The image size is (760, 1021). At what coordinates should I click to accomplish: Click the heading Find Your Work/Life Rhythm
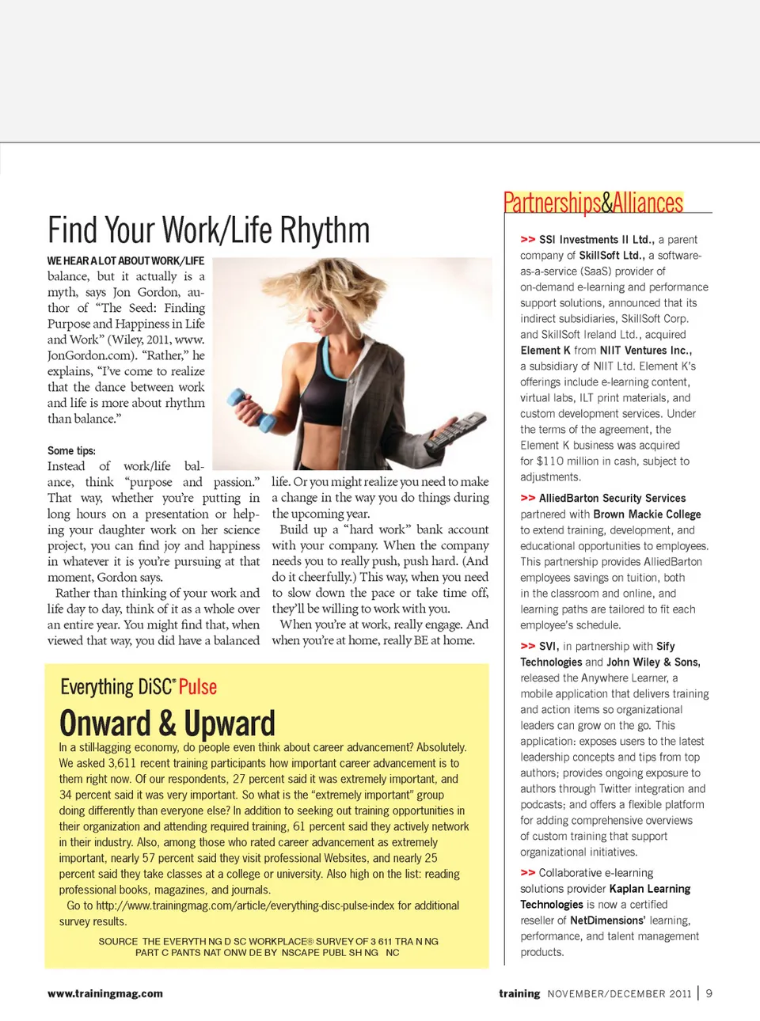point(208,230)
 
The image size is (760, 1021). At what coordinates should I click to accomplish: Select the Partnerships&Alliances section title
point(593,203)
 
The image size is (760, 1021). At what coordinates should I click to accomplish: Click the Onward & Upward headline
point(167,723)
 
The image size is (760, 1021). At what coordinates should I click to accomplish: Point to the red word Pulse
point(198,687)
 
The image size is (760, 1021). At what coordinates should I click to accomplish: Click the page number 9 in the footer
point(709,993)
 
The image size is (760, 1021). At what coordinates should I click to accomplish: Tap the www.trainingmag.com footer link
point(105,993)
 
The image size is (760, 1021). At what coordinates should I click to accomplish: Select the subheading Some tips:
point(71,450)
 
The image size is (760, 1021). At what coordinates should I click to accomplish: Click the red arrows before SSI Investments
point(527,239)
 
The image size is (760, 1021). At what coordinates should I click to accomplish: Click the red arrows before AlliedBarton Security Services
point(527,498)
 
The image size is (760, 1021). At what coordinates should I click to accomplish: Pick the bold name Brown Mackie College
point(647,514)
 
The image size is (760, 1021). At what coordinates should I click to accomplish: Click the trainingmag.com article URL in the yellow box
point(245,905)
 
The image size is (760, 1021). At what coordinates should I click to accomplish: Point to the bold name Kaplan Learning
point(649,889)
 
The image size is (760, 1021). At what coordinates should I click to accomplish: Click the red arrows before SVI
point(527,646)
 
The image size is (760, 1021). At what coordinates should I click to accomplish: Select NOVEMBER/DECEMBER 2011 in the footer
point(619,993)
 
